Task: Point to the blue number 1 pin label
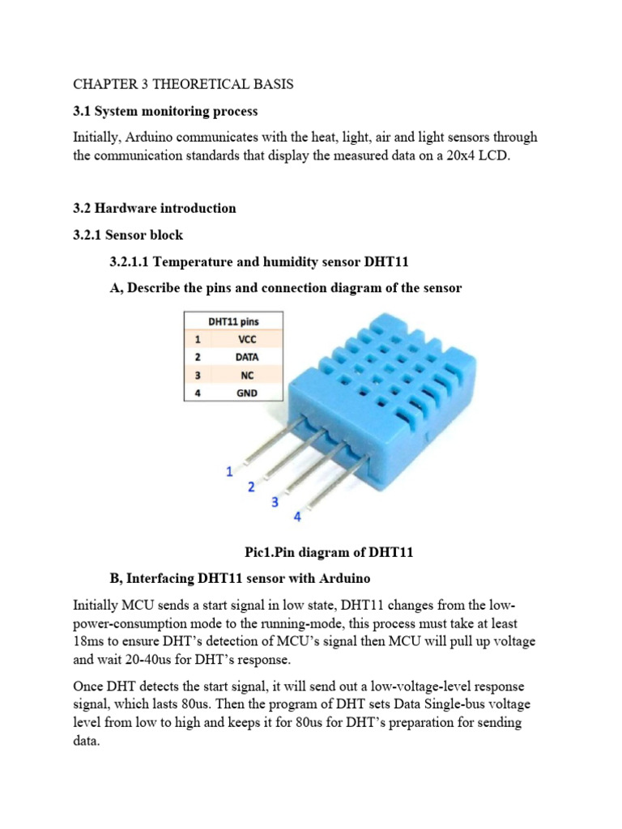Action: coord(229,470)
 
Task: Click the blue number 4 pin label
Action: coord(296,517)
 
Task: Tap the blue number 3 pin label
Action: coord(275,502)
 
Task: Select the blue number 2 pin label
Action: coord(251,487)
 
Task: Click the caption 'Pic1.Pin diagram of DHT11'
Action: coord(329,552)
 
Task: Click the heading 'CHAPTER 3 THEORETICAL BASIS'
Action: coord(183,83)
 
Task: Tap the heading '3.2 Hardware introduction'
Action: coord(154,208)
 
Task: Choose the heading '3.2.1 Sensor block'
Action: coord(128,235)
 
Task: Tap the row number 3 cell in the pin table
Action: coord(197,375)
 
